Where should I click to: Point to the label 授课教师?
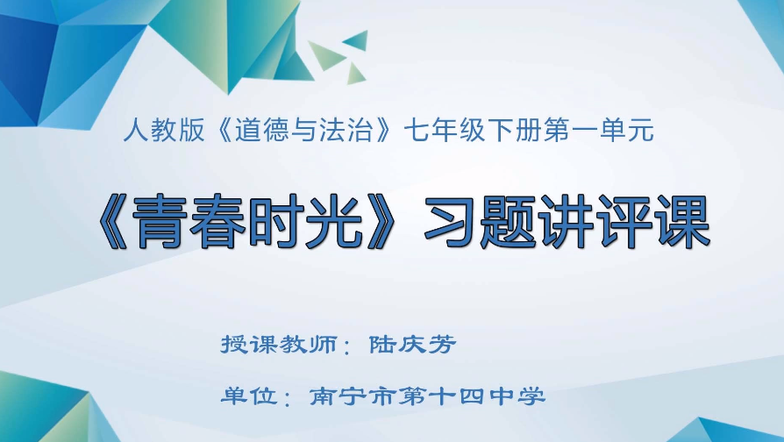pyautogui.click(x=280, y=345)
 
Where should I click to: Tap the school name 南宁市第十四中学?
pyautogui.click(x=427, y=396)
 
